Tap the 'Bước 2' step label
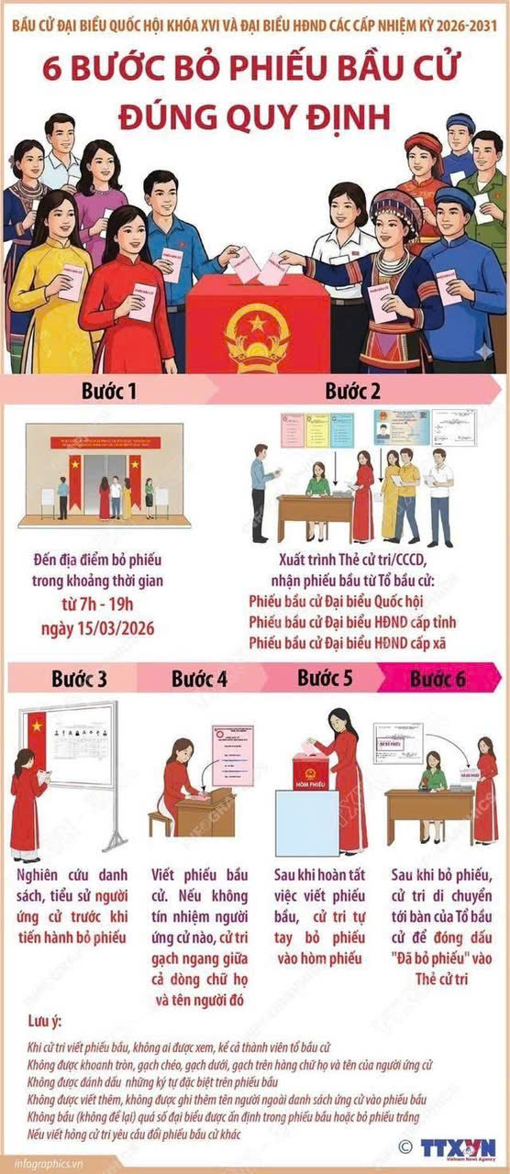[353, 392]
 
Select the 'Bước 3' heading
[79, 680]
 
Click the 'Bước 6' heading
[438, 680]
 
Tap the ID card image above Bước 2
[396, 427]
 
